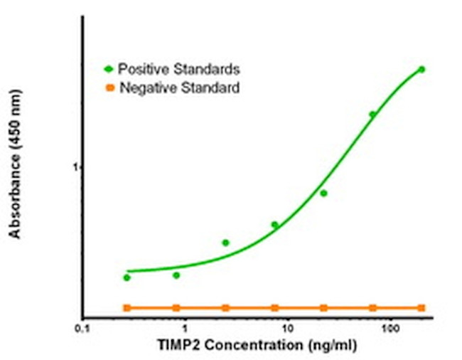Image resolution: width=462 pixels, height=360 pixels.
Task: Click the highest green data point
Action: pyautogui.click(x=421, y=69)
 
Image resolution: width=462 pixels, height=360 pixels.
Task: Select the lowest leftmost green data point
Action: pyautogui.click(x=127, y=277)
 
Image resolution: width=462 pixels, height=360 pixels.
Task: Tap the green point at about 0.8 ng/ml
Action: pyautogui.click(x=176, y=275)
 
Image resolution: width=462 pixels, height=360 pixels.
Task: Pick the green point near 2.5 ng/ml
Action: pyautogui.click(x=225, y=243)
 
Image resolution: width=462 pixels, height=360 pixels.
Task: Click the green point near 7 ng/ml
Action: pyautogui.click(x=274, y=225)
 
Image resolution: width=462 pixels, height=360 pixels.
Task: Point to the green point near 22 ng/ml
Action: pyautogui.click(x=323, y=193)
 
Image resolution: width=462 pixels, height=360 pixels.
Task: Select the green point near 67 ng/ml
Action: pyautogui.click(x=372, y=114)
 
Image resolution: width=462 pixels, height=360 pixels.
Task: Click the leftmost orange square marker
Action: pyautogui.click(x=127, y=307)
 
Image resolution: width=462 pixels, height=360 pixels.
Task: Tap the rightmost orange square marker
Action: pyautogui.click(x=421, y=307)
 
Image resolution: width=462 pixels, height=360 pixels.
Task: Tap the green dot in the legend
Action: pyautogui.click(x=109, y=69)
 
